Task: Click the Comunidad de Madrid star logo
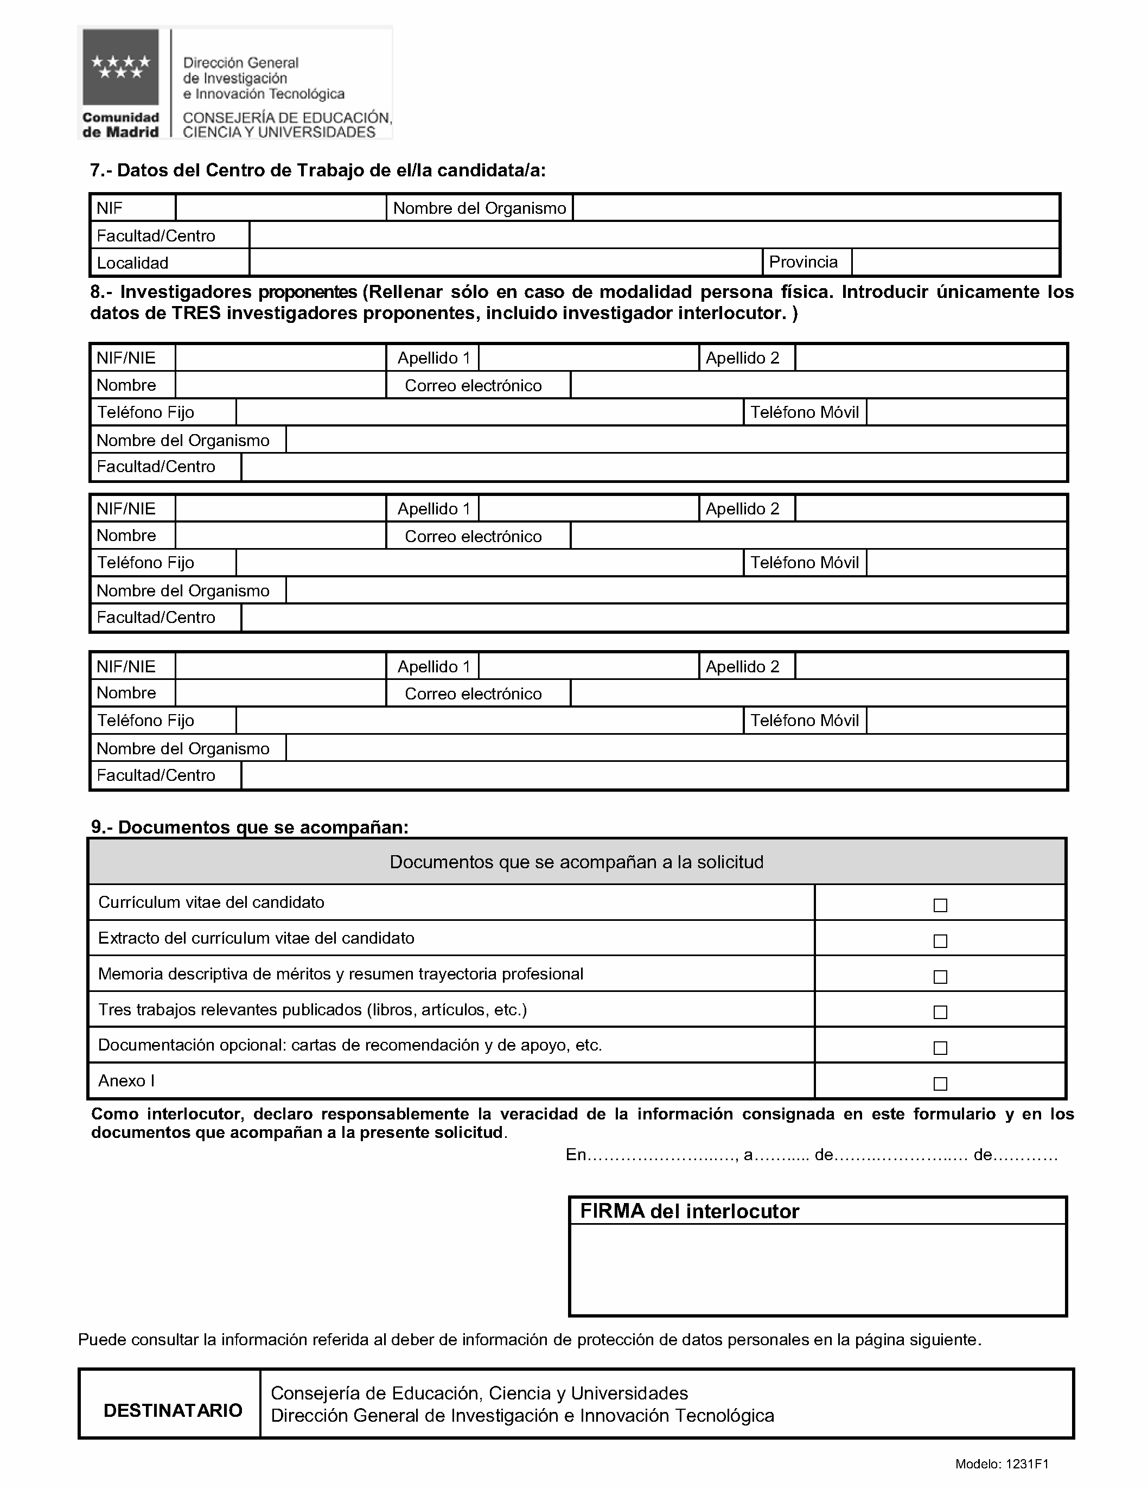[x=120, y=67]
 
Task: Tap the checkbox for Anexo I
[x=940, y=1083]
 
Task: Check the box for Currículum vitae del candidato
[x=940, y=906]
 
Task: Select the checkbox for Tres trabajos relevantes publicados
[x=940, y=1013]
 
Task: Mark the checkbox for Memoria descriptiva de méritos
[x=940, y=977]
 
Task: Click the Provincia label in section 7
[x=803, y=263]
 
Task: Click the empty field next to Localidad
[x=505, y=263]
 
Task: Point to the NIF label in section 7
[x=110, y=208]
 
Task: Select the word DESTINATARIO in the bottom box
[x=173, y=1411]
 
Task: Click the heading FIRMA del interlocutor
[x=689, y=1212]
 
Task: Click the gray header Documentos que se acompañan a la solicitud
[x=577, y=862]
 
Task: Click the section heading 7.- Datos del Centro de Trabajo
[x=318, y=170]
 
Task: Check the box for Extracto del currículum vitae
[x=940, y=941]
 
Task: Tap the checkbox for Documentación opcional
[x=940, y=1048]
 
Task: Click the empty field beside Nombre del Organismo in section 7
[x=815, y=208]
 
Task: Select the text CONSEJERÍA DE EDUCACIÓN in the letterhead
[x=287, y=118]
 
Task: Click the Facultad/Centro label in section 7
[x=156, y=236]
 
